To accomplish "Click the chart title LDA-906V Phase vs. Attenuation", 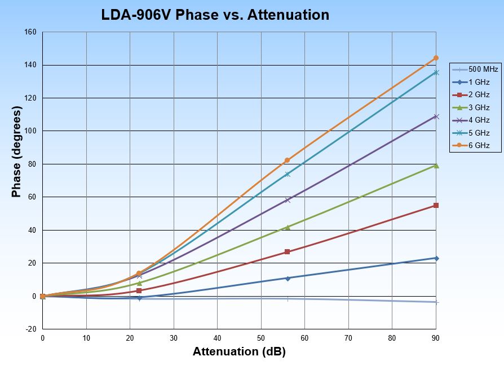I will (215, 15).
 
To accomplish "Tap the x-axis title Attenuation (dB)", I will (239, 351).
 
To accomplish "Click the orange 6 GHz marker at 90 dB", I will (436, 58).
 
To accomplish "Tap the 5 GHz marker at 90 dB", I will (436, 72).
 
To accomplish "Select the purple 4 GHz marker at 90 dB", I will (436, 116).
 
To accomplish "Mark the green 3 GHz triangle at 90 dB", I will (436, 166).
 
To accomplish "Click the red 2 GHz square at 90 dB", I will (436, 205).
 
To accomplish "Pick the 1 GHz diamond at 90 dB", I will (436, 258).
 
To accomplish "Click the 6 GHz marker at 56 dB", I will (287, 160).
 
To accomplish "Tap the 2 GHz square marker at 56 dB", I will (287, 251).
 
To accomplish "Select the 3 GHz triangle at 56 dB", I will (287, 227).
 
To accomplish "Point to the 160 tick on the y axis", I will (32, 32).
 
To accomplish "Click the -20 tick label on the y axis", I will (32, 329).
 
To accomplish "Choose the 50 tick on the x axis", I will (261, 338).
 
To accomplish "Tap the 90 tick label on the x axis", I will (436, 338).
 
